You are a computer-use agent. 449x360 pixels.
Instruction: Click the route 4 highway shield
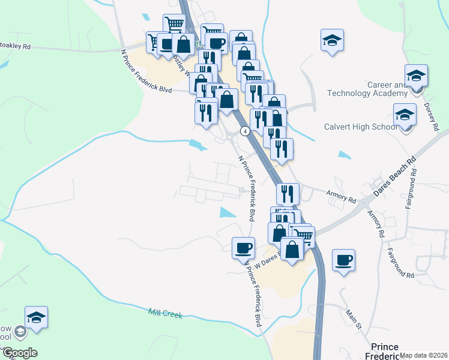(x=245, y=131)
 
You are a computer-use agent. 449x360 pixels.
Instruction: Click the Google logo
(x=20, y=353)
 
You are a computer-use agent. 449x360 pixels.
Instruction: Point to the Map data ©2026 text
(x=424, y=355)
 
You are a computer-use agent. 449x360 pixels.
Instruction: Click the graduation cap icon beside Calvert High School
(x=405, y=115)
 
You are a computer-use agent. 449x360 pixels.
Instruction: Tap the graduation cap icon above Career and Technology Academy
(x=415, y=76)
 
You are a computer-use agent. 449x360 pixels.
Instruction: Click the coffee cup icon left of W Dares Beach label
(x=243, y=248)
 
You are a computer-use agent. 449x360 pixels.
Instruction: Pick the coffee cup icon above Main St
(x=343, y=260)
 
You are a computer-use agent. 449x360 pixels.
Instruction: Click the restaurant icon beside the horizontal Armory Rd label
(x=287, y=193)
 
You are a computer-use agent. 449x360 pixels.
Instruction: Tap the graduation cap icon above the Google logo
(x=36, y=317)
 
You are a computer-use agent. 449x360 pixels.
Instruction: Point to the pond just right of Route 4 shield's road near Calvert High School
(x=345, y=155)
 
